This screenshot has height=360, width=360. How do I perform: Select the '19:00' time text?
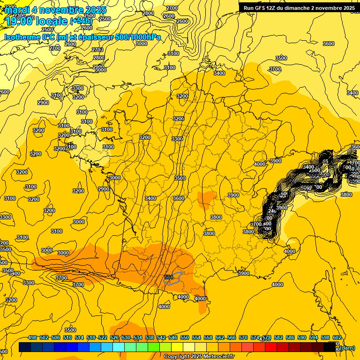[x=19, y=20]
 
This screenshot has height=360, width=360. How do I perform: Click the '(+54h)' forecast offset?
[x=81, y=20]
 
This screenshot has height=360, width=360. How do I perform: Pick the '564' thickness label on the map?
[x=169, y=277]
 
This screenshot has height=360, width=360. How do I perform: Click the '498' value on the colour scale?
[x=32, y=337]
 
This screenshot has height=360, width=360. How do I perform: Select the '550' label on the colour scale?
[x=185, y=337]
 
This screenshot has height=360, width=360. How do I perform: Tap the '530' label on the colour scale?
[x=126, y=337]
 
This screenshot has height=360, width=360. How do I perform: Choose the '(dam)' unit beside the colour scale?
[x=346, y=347]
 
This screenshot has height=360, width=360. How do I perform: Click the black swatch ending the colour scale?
[x=330, y=347]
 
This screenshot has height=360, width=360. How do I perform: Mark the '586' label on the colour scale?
[x=290, y=337]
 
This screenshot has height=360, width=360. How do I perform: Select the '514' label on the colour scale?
[x=79, y=337]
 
